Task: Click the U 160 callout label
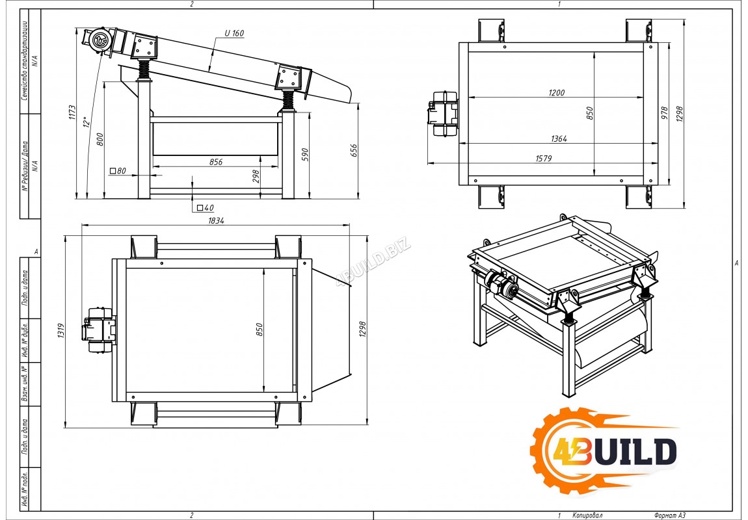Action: [x=234, y=33]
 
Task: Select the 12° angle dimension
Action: [x=87, y=122]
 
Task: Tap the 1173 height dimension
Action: [x=72, y=112]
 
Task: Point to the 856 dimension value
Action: [x=216, y=162]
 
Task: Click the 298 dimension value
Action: [x=256, y=176]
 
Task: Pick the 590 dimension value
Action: [x=305, y=155]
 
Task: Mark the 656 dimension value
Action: [x=353, y=151]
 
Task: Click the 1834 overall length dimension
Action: [x=216, y=221]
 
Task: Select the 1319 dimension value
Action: [x=61, y=331]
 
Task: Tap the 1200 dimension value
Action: [x=556, y=93]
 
